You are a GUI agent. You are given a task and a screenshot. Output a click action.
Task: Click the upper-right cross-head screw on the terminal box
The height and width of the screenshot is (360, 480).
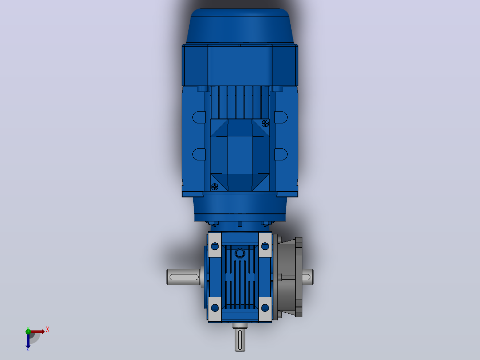[x=265, y=123]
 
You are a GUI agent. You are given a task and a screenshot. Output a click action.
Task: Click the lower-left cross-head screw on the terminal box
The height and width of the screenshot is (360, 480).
[x=215, y=186]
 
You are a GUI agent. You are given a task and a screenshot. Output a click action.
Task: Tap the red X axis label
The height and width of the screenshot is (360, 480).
[x=48, y=330]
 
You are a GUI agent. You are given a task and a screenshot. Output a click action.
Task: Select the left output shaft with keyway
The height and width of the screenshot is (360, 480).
[x=183, y=277]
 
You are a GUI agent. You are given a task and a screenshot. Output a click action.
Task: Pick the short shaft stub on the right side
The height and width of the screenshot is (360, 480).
[x=307, y=277]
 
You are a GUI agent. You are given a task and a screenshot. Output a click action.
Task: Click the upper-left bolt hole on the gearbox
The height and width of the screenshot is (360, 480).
[x=215, y=246]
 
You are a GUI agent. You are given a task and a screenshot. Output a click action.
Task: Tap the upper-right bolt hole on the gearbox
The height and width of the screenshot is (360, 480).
[x=265, y=246]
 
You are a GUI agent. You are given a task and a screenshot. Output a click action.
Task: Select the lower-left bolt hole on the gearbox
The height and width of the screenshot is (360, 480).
[x=215, y=307]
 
